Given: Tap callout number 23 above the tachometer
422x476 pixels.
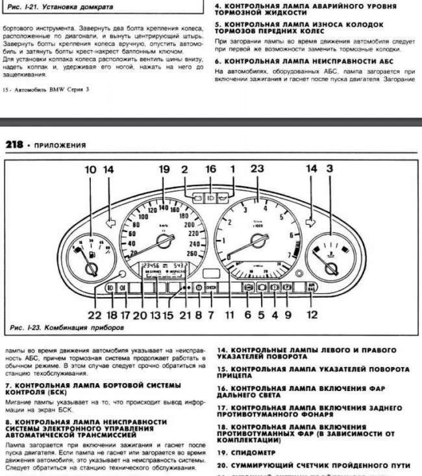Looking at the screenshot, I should (257, 169).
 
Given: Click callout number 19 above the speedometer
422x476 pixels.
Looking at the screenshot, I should (164, 169).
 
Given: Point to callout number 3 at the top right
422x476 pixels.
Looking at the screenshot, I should (330, 169).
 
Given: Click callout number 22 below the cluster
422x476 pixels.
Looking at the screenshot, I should (95, 315).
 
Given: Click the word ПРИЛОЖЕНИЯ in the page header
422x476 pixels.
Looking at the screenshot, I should (60, 145).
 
